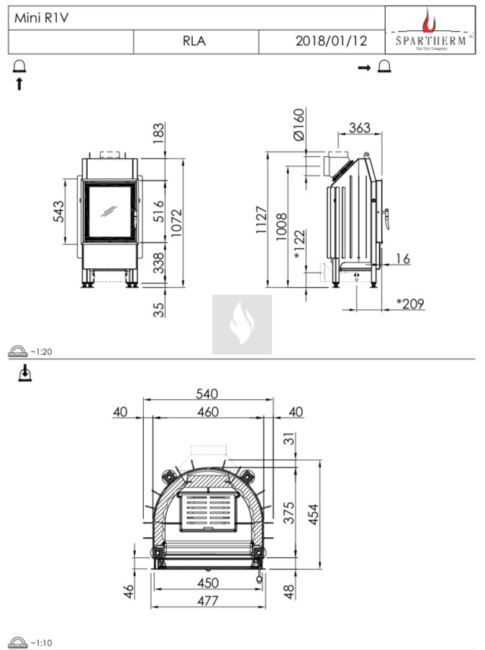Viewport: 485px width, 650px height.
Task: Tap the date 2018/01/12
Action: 331,42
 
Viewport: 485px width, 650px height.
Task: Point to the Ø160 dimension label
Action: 300,124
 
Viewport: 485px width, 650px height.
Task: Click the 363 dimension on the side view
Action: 359,128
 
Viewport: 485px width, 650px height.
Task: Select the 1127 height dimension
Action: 261,221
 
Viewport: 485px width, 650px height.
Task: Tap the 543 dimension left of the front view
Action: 60,211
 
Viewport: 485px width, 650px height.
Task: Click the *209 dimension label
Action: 410,303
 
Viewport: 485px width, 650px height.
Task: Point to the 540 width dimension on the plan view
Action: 207,394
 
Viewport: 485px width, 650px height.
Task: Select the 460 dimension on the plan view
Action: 207,412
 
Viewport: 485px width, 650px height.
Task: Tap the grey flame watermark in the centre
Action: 242,324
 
